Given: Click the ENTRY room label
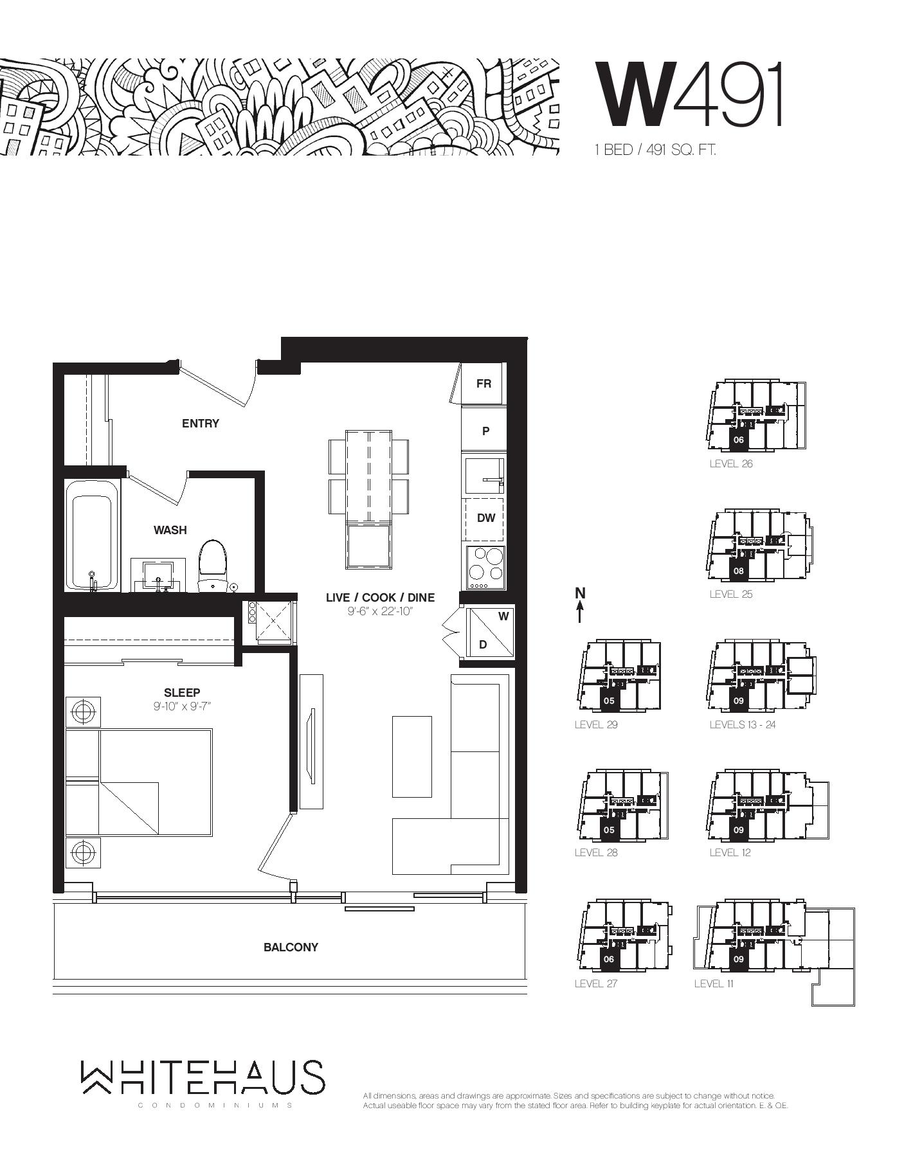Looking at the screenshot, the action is [x=201, y=424].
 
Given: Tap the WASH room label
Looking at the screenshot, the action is [x=170, y=530].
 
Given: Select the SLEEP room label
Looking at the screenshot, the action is [x=182, y=693].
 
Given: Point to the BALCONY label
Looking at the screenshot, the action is [x=291, y=947].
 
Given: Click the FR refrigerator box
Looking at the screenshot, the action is [x=484, y=384].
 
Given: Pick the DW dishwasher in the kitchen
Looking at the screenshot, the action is [x=485, y=518].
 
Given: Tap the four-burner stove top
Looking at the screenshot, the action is [x=485, y=568].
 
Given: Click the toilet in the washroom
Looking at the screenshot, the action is [x=213, y=564].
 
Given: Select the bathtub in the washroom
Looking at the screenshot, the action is [x=93, y=535].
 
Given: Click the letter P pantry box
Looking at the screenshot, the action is [x=485, y=431].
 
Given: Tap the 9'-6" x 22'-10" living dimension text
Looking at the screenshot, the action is [x=380, y=611].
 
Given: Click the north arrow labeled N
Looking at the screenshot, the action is [x=580, y=604].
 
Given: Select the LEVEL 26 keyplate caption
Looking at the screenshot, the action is [x=731, y=464].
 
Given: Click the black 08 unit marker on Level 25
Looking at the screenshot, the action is [x=738, y=571].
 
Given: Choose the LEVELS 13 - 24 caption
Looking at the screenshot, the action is [x=743, y=725].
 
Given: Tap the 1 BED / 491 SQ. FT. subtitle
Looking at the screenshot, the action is [x=655, y=150].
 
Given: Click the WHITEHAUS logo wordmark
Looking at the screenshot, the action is [x=203, y=1078].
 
